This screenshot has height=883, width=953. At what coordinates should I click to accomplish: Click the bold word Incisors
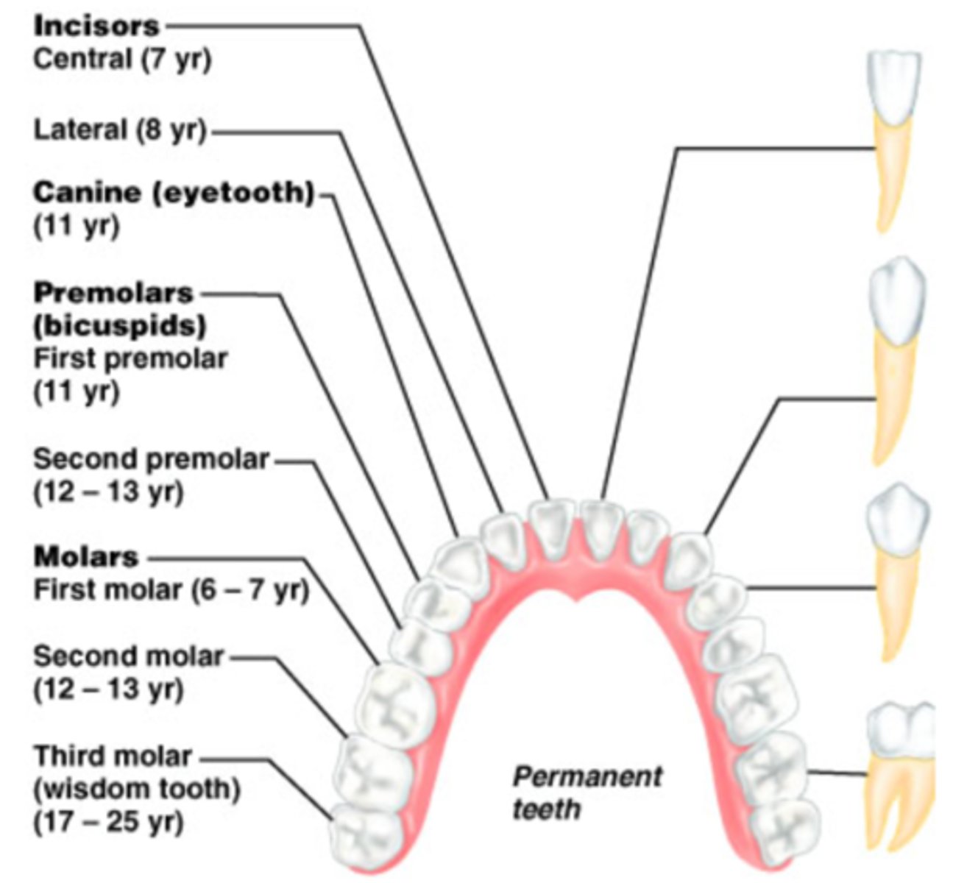[x=96, y=26]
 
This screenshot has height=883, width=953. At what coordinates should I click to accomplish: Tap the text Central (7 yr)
[x=122, y=59]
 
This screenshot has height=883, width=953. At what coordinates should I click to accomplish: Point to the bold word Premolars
[x=113, y=293]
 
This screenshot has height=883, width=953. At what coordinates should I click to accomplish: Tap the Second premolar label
[x=151, y=459]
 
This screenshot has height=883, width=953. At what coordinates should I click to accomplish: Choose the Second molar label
[x=128, y=655]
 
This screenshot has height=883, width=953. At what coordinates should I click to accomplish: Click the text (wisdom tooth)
[x=137, y=789]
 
